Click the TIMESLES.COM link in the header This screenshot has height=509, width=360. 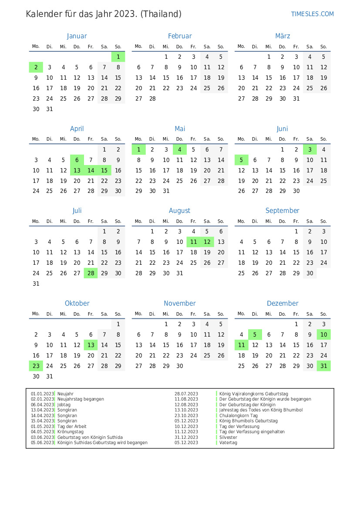(312, 14)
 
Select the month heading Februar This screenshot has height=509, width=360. (180, 36)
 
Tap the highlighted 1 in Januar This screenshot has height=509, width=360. (118, 57)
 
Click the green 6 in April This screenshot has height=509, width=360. (77, 160)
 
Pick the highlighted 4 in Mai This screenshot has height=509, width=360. (180, 149)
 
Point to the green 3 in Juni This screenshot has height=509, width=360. (310, 149)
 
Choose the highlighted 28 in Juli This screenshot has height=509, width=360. (91, 273)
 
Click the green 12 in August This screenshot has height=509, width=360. (207, 242)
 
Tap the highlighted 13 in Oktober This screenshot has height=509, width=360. (91, 345)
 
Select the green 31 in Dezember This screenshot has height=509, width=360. (323, 366)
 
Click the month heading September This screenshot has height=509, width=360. (283, 211)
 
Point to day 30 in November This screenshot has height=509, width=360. (180, 366)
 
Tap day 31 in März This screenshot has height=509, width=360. (296, 98)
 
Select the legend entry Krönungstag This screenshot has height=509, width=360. (70, 432)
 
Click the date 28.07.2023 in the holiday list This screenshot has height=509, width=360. (186, 394)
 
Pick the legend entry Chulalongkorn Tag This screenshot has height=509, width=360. (239, 415)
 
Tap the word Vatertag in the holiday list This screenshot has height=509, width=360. (228, 443)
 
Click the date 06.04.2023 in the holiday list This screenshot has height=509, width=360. (42, 405)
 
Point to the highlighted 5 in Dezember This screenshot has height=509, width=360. (255, 334)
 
